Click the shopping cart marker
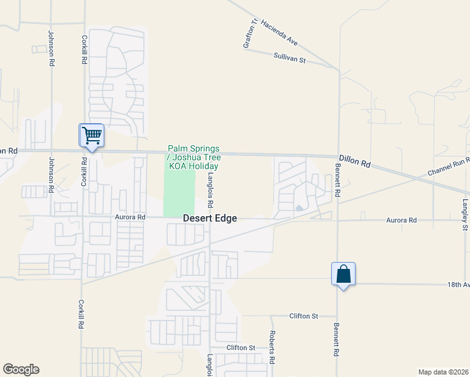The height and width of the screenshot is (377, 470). [92, 135]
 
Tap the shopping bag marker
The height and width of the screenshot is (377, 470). [343, 274]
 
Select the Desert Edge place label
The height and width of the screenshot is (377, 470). [210, 219]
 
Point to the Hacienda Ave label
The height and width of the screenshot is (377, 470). [278, 32]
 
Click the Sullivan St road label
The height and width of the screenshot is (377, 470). [289, 57]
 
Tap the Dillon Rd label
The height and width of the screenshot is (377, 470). [355, 162]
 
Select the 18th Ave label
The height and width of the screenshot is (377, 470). [458, 285]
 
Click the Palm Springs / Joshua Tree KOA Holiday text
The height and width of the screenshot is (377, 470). [193, 157]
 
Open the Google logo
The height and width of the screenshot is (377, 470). [21, 369]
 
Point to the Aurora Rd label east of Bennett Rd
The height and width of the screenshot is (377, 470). [402, 221]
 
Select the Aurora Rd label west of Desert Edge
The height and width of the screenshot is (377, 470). [130, 217]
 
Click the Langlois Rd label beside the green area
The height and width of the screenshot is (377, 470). [211, 191]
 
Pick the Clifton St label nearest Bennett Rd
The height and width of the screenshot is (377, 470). [303, 316]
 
